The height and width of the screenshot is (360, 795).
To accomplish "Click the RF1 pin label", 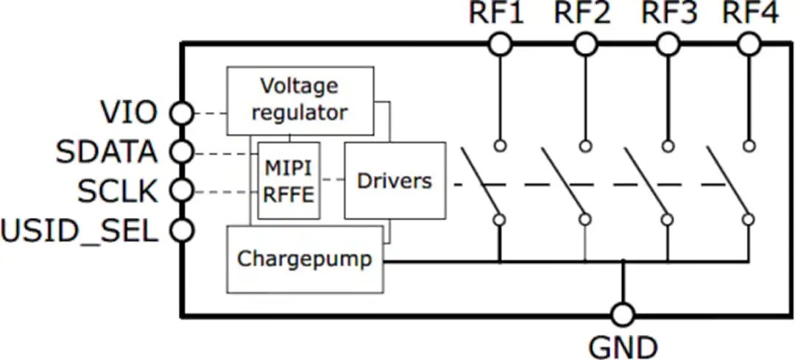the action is [x=496, y=14].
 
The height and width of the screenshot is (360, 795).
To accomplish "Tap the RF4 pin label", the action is [x=750, y=14].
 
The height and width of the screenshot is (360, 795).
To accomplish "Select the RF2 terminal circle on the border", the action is [x=586, y=45].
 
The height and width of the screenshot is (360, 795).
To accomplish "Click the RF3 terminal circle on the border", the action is [x=668, y=45].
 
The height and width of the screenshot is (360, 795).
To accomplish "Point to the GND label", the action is [x=623, y=347].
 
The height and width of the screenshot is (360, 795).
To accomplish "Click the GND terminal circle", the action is [x=623, y=315].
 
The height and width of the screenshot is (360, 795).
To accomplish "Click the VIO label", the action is [x=129, y=113].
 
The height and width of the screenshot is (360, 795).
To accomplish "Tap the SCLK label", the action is [x=118, y=191].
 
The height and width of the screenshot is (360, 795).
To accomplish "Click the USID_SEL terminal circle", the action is [x=181, y=230].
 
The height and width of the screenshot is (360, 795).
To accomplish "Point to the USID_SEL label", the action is [x=79, y=232].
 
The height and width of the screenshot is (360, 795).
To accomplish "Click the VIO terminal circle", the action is [x=181, y=113].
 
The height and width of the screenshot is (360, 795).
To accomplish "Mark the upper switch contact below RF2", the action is [x=586, y=147].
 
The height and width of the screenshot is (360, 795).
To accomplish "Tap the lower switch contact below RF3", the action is [x=668, y=219].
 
